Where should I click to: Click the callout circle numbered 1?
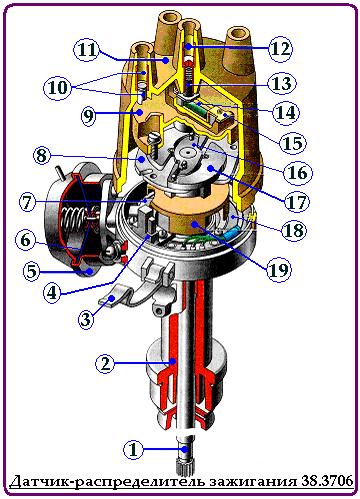[x=133, y=450]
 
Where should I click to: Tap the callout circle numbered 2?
[x=105, y=363]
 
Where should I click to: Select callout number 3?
[x=86, y=320]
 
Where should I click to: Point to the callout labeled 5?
[x=31, y=271]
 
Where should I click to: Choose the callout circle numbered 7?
[x=27, y=203]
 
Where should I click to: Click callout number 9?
[x=88, y=115]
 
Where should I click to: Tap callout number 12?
[x=281, y=49]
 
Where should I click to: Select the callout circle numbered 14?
[x=286, y=113]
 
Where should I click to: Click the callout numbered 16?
[x=298, y=172]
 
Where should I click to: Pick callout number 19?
[x=279, y=269]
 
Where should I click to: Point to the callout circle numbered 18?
[x=294, y=230]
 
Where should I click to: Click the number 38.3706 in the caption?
[x=327, y=480]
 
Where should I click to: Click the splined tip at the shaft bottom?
[x=184, y=467]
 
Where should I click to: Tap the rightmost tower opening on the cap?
[x=237, y=35]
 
